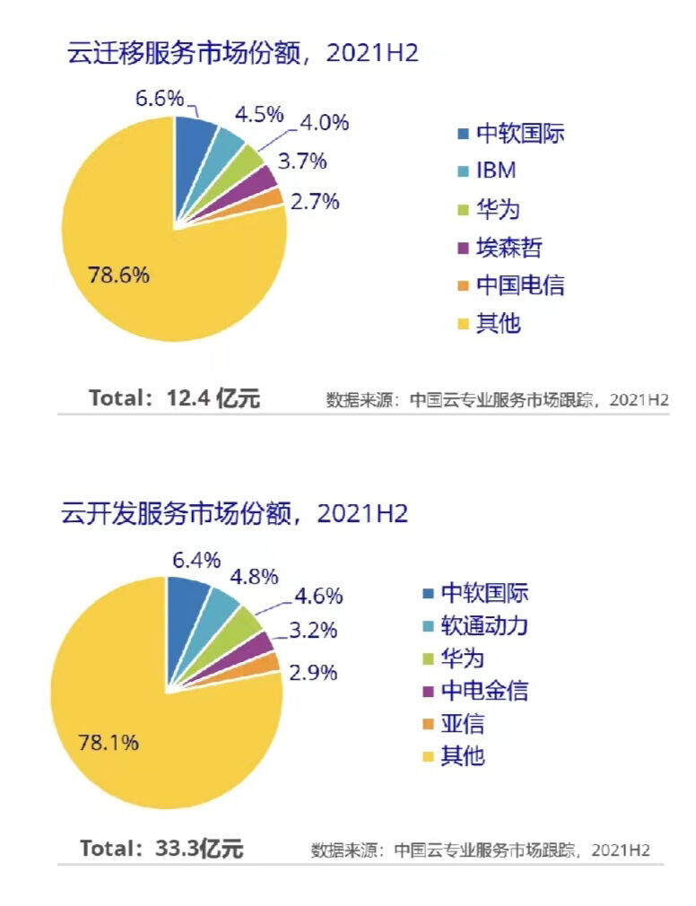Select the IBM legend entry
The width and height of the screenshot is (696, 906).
(x=495, y=171)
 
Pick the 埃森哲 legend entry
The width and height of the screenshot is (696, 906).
(x=509, y=247)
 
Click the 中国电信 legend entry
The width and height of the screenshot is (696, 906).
(x=519, y=285)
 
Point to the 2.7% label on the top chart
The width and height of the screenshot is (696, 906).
(x=315, y=201)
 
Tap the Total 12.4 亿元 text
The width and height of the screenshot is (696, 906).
(x=175, y=398)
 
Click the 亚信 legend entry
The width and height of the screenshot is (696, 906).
(x=463, y=723)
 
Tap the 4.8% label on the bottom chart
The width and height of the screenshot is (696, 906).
(x=255, y=576)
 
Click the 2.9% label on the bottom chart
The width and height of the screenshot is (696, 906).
(x=312, y=671)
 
